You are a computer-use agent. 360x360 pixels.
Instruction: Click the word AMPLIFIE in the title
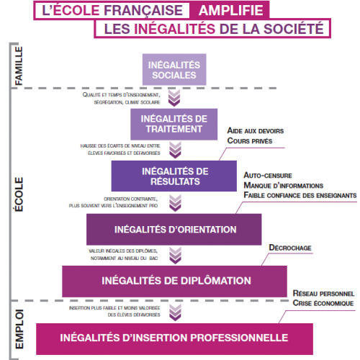coord(231,10)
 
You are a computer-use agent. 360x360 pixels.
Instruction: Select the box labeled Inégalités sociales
coord(174,70)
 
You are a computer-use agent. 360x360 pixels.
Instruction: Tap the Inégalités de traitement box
coord(174,125)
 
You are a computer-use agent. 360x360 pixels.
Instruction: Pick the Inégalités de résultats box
coord(174,176)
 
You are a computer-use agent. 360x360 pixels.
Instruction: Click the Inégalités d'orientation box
coord(174,230)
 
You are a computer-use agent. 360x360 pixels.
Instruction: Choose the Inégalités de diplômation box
coord(174,282)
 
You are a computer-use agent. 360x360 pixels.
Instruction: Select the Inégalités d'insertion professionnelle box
coord(174,339)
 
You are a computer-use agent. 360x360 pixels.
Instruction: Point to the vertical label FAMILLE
coord(19,66)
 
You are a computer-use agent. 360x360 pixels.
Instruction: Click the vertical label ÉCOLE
coord(19,194)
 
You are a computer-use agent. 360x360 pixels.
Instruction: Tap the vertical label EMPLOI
coord(19,329)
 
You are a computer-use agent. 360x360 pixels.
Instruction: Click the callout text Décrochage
coord(290,248)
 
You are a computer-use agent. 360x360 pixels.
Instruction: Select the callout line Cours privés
coord(250,140)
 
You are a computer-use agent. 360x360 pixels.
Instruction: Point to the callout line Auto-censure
coord(268,176)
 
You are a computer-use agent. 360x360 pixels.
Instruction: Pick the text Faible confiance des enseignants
coord(300,195)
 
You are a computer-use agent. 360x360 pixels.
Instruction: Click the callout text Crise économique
coord(323,303)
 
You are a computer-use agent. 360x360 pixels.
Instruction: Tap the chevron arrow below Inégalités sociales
coord(174,98)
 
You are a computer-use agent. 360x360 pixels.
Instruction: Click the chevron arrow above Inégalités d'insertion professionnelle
coord(175,312)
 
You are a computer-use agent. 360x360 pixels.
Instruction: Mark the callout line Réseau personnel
coord(323,293)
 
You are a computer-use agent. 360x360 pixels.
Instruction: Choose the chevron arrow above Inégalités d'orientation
coord(175,203)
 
